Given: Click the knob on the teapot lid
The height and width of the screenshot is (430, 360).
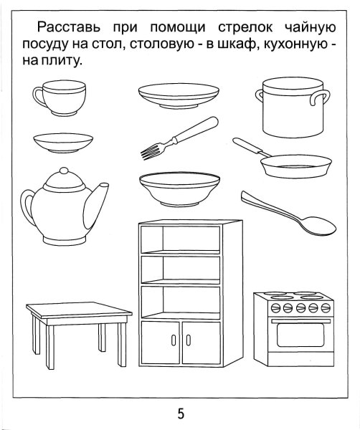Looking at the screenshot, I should coord(63,172).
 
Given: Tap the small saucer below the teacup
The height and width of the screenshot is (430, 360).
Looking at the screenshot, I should coord(62,141).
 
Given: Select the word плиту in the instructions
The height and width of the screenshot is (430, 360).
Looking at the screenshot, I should coord(64,62).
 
